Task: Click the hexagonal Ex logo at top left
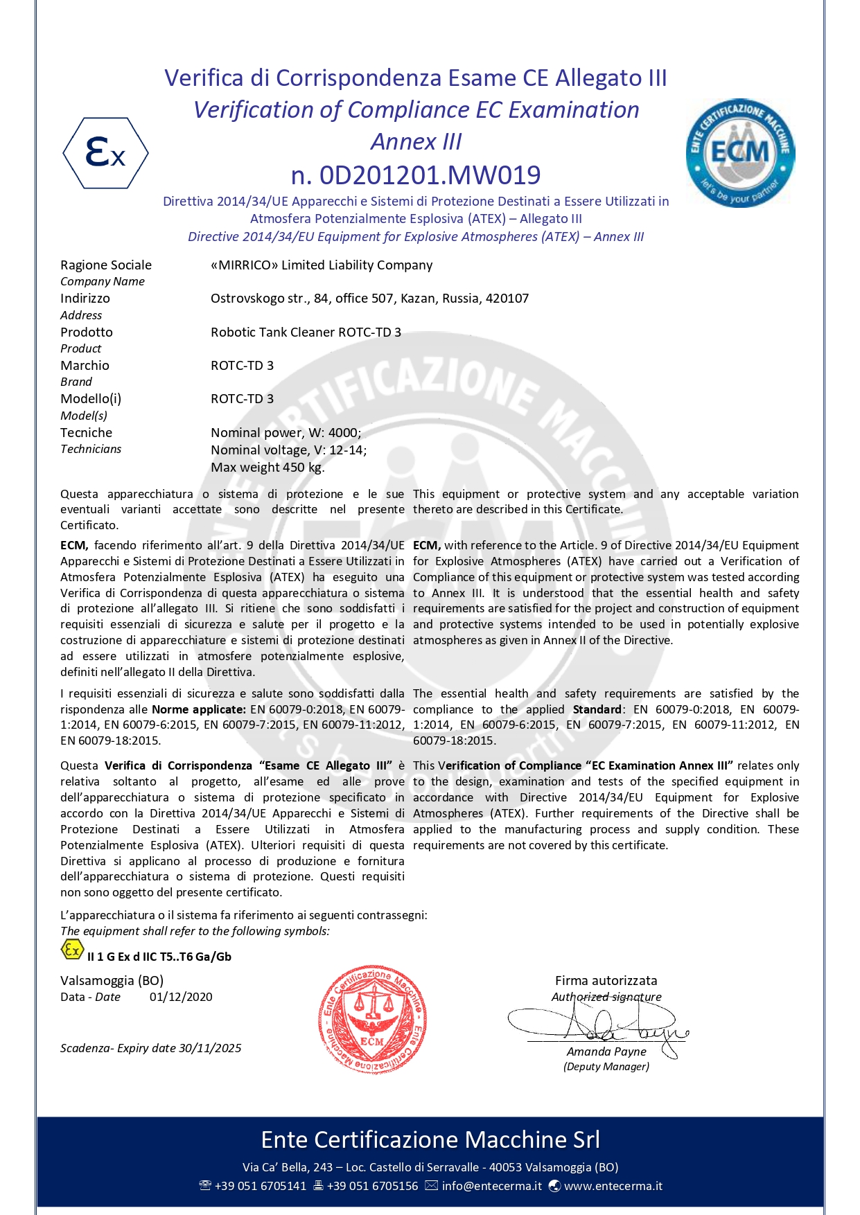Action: pos(105,153)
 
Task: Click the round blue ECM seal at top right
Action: pos(740,152)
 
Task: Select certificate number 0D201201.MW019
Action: pos(416,175)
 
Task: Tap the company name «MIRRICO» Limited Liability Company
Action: pos(322,265)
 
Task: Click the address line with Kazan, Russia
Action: pos(369,299)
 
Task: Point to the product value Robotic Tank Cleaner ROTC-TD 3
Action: pos(306,332)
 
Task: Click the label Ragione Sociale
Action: pos(106,265)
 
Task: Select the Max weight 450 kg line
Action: pos(267,468)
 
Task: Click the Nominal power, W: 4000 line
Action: pos(286,433)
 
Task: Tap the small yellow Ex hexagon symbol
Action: pos(72,950)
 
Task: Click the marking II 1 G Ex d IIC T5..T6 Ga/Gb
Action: pos(159,957)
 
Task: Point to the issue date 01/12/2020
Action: pos(181,997)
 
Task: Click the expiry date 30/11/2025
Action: pos(210,1048)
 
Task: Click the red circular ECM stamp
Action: pos(372,1019)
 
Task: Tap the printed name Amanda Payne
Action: pos(606,1052)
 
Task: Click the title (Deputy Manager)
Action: pos(606,1067)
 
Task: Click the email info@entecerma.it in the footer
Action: pos(491,1186)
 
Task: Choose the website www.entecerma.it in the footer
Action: pos(613,1186)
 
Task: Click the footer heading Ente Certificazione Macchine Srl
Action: pos(430,1139)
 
